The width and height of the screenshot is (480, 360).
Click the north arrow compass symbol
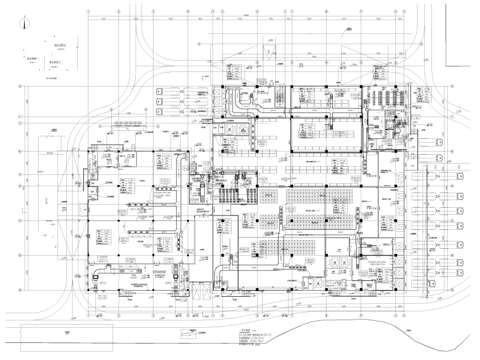[24, 24]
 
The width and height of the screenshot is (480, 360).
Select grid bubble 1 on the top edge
[88, 11]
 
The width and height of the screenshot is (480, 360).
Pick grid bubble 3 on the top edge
[152, 11]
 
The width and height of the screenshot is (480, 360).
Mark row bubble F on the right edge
[452, 118]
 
